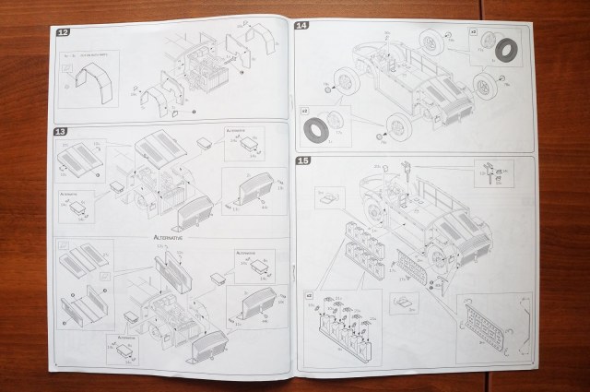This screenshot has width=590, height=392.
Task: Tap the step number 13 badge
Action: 61,132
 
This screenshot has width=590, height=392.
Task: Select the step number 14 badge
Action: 301,26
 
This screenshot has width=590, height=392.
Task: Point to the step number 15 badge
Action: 302,161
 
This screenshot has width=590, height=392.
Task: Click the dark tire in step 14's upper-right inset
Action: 506,49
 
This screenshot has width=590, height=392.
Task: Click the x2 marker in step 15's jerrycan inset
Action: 309,296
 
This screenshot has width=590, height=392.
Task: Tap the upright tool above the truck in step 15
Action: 406,172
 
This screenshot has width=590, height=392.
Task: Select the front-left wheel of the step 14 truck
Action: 346,86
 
